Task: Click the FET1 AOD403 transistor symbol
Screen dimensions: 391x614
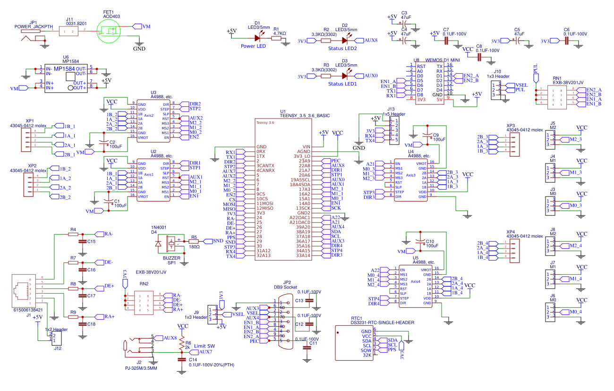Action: pos(110,32)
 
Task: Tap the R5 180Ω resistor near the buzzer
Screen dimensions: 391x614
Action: pos(194,241)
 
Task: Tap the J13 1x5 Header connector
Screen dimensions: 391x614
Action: pos(393,131)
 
